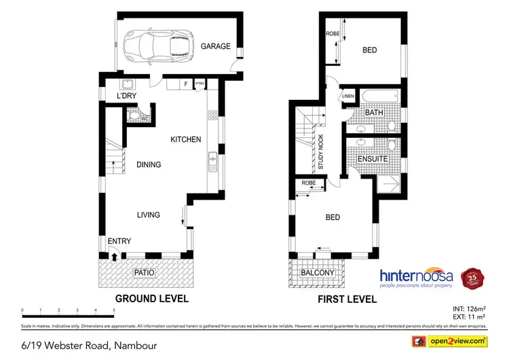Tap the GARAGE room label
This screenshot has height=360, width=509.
(x=215, y=47)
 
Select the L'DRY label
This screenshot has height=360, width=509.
(x=127, y=96)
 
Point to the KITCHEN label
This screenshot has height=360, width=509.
(x=185, y=139)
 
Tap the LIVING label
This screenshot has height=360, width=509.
(x=149, y=215)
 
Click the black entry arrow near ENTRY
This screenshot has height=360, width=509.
(x=115, y=256)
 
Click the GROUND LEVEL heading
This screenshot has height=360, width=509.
(x=152, y=298)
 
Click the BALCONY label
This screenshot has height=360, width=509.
(x=318, y=273)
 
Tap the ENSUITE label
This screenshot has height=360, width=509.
(x=373, y=159)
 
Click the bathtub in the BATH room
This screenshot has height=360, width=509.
(x=374, y=95)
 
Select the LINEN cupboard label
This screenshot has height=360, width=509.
(x=348, y=96)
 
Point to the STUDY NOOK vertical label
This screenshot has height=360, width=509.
(x=321, y=152)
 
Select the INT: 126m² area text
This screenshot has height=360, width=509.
(x=468, y=310)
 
